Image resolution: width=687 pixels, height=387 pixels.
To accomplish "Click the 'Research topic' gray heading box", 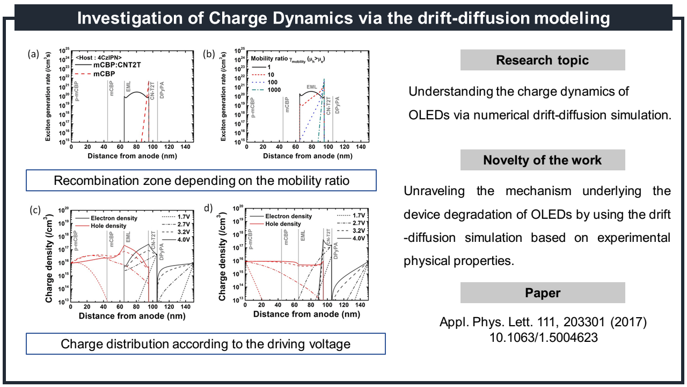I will tap(542, 60).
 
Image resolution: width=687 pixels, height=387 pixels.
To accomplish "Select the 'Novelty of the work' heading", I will tap(542, 160).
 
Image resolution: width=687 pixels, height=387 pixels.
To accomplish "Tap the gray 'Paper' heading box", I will tap(542, 293).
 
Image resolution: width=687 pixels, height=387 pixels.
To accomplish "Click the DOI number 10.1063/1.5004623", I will tap(543, 339).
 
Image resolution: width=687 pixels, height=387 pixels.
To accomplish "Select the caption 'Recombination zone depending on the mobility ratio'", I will tap(201, 181).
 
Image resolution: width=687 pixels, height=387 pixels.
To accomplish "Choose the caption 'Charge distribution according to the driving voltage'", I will tap(206, 343).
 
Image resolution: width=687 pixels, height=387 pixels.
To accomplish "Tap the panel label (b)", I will tap(208, 54).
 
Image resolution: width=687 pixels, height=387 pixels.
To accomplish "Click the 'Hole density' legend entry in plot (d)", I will tap(283, 224).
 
